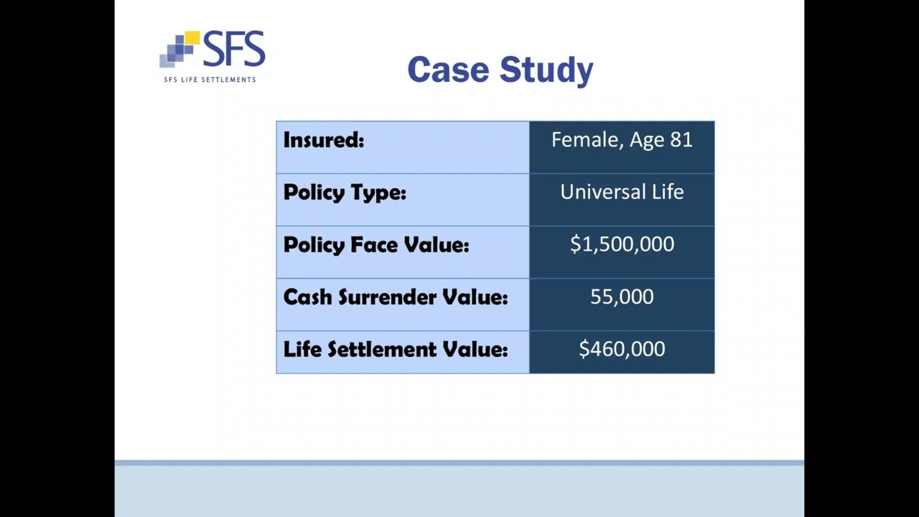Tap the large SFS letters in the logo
[234, 50]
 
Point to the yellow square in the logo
[192, 37]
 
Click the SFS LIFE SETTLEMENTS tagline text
[210, 80]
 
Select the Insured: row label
[324, 140]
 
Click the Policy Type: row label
[345, 192]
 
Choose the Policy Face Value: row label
[376, 245]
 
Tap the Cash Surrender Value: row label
[396, 297]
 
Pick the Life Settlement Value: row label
[396, 350]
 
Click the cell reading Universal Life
[622, 192]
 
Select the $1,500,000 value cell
[622, 244]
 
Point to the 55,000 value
[622, 297]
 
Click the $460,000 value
[622, 349]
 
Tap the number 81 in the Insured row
[681, 140]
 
